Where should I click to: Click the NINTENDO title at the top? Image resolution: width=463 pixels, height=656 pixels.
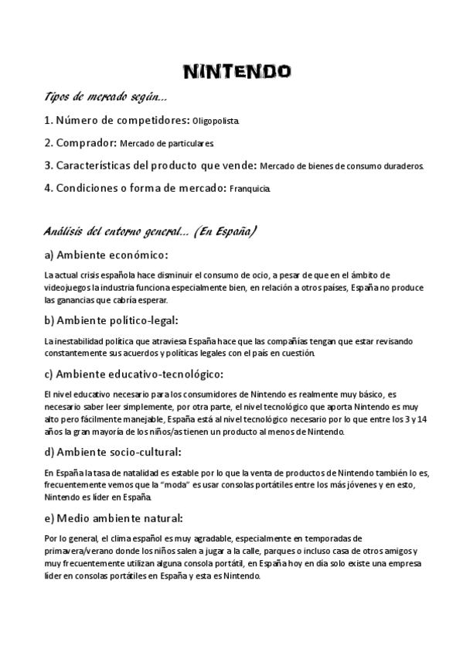237,72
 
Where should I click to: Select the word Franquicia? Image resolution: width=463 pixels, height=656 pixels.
250,189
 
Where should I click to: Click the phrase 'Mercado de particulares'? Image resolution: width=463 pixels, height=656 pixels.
166,144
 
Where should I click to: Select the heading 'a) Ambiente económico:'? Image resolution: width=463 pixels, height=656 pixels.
106,255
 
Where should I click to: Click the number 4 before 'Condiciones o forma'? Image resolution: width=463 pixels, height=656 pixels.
48,188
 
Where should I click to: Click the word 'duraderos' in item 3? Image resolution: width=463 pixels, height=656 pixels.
407,166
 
